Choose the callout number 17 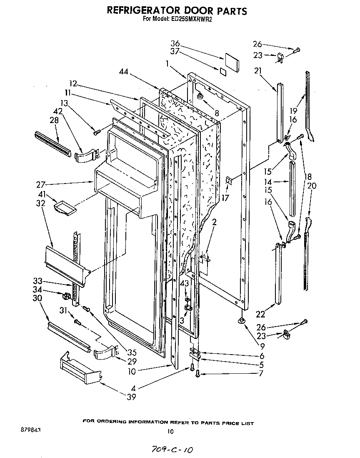pyautogui.click(x=225, y=199)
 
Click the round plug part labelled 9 pyautogui.click(x=242, y=320)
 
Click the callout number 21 pyautogui.click(x=257, y=71)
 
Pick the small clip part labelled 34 pyautogui.click(x=65, y=297)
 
